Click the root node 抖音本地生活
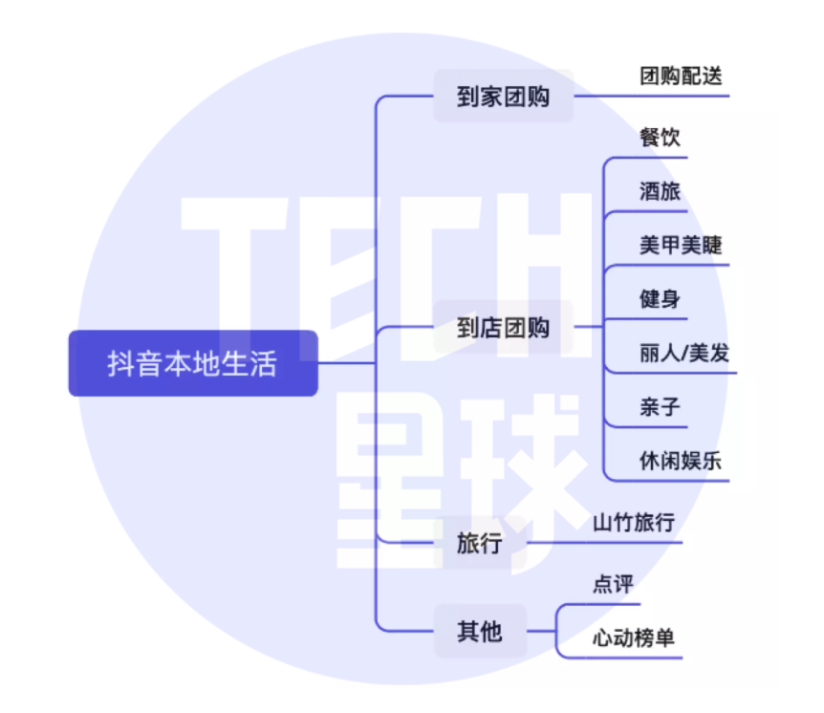[x=193, y=363]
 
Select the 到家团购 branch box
[x=503, y=97]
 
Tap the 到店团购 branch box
[x=503, y=327]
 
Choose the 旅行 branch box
[x=480, y=542]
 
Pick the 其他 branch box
[x=480, y=631]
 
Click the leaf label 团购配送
[x=681, y=76]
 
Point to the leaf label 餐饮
[x=660, y=137]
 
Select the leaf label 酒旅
[x=660, y=191]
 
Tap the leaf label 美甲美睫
[x=681, y=245]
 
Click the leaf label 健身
[x=660, y=298]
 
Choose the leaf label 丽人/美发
[x=684, y=353]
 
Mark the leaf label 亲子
[x=660, y=407]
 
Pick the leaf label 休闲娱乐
[x=681, y=461]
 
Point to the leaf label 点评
[x=614, y=584]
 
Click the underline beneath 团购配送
[x=652, y=96]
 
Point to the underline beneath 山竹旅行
[x=604, y=542]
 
